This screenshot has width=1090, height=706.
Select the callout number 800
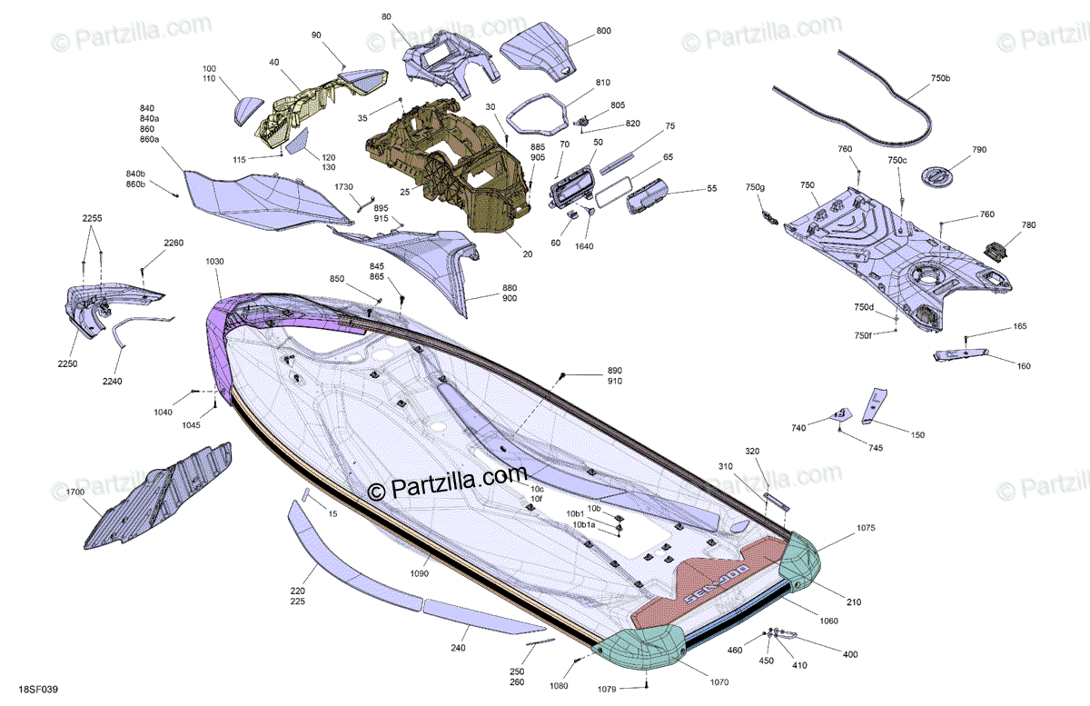click(604, 31)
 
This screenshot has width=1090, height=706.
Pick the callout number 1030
click(214, 262)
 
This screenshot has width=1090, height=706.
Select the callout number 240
click(458, 648)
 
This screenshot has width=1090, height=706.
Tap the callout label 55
click(711, 189)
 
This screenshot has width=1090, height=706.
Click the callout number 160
click(1024, 366)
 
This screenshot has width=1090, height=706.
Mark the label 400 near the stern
click(850, 654)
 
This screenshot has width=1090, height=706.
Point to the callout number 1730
click(344, 186)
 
